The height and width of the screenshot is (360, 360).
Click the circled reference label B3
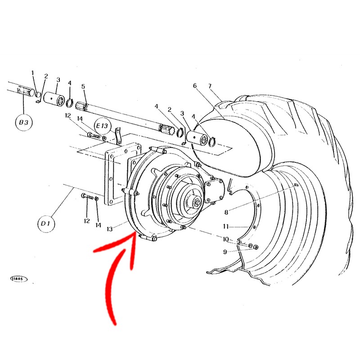pyautogui.click(x=24, y=122)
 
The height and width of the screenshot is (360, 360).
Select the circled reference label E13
pyautogui.click(x=103, y=126)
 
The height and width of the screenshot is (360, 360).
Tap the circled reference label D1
pyautogui.click(x=46, y=223)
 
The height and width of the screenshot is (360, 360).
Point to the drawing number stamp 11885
pyautogui.click(x=19, y=279)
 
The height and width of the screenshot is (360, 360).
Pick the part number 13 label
pyautogui.click(x=110, y=229)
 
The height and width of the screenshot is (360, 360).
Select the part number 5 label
pyautogui.click(x=83, y=86)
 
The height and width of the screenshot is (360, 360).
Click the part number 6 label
pyautogui.click(x=195, y=85)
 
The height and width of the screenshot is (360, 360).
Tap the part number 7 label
pyautogui.click(x=210, y=86)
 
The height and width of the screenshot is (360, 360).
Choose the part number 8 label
pyautogui.click(x=226, y=212)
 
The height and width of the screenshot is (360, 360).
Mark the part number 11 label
pyautogui.click(x=226, y=227)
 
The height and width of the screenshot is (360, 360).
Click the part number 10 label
pyautogui.click(x=226, y=239)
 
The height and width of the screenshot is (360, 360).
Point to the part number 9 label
pyautogui.click(x=225, y=252)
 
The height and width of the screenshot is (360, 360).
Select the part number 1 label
pyautogui.click(x=32, y=73)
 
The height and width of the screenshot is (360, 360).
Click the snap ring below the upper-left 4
pyautogui.click(x=70, y=103)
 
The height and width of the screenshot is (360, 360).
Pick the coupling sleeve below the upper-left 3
pyautogui.click(x=54, y=99)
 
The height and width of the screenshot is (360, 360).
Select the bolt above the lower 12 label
pyautogui.click(x=87, y=197)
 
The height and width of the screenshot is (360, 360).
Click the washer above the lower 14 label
pyautogui.click(x=97, y=198)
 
